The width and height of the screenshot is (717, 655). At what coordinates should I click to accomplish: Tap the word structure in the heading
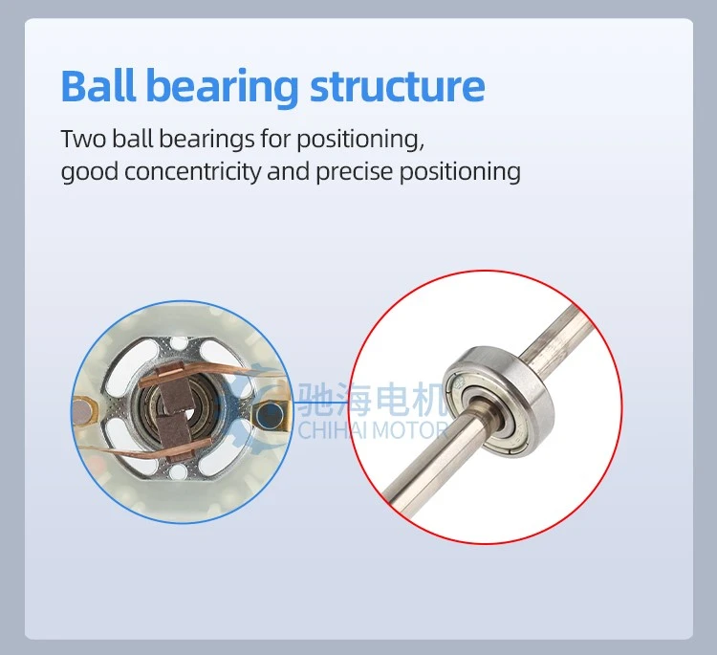(x=398, y=87)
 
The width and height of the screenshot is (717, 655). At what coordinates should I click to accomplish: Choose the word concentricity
(x=192, y=172)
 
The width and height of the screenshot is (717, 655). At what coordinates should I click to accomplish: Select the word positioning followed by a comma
(x=360, y=140)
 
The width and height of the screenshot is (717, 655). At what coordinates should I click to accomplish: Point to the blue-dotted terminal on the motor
(x=270, y=415)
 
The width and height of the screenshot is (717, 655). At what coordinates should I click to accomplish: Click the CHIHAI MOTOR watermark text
(x=373, y=431)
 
